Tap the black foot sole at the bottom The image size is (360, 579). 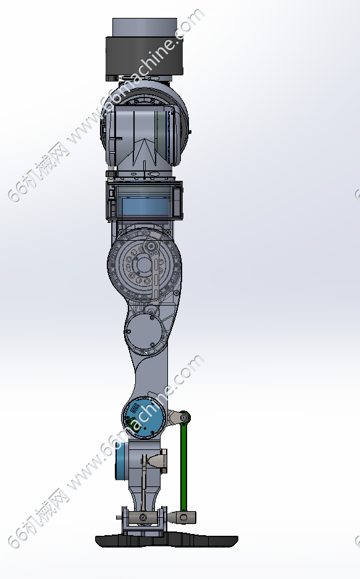167,541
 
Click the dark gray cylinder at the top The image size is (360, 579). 144,56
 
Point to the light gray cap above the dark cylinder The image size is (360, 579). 144,28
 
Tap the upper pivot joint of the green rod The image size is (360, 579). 184,418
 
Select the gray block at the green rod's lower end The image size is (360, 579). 185,517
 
